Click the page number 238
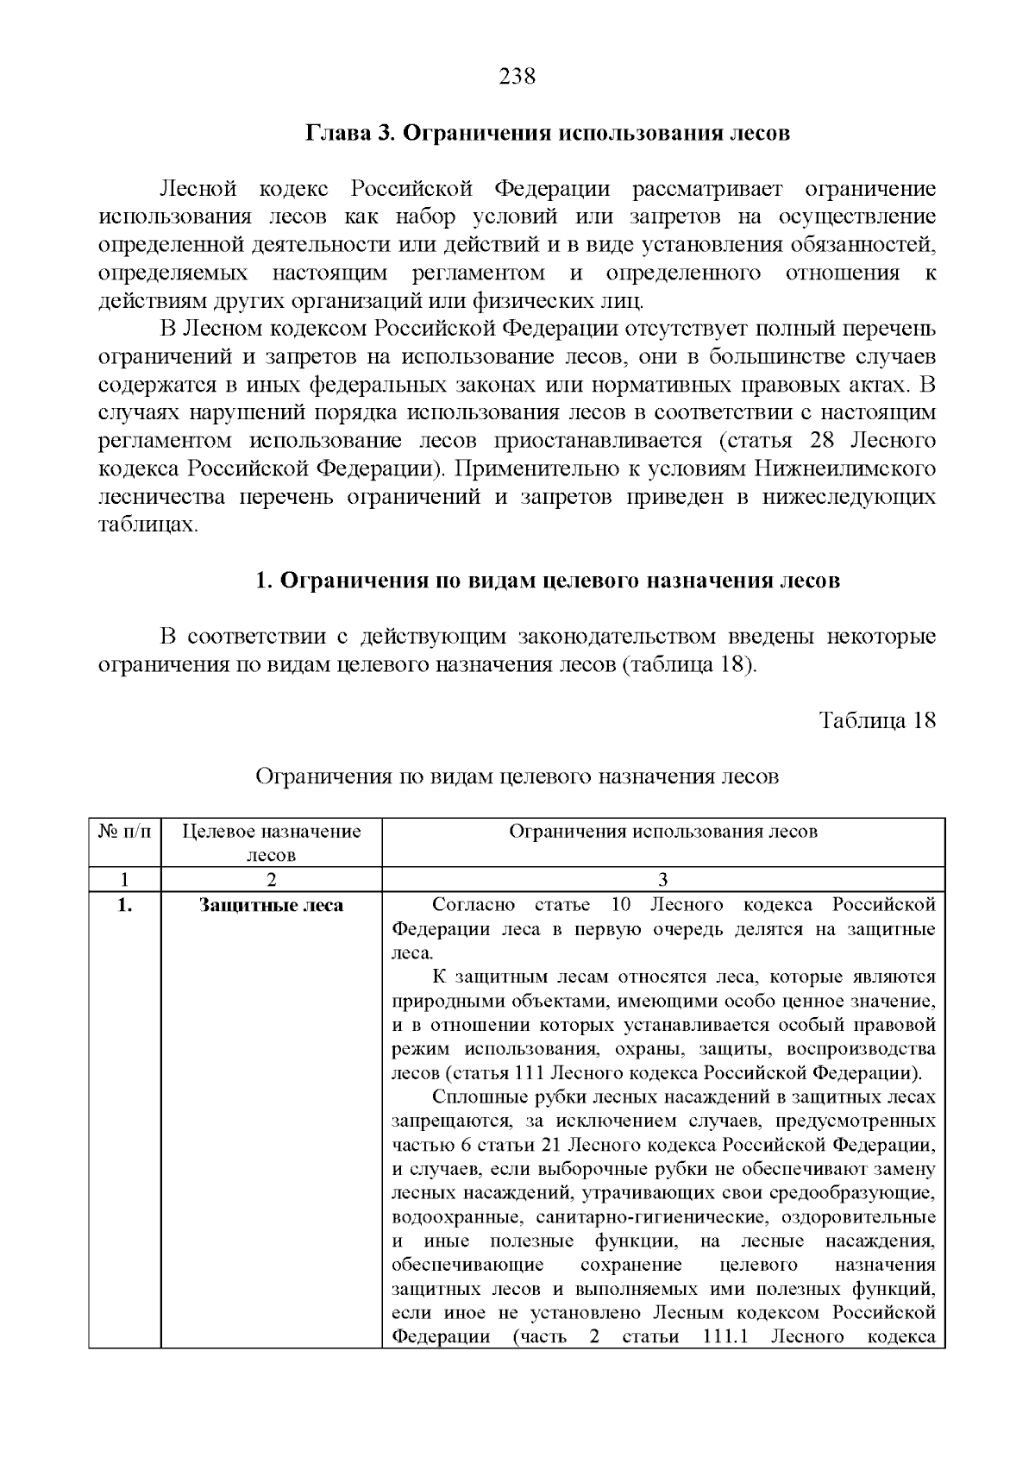click(x=517, y=77)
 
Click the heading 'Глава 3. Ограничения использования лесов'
click(x=548, y=134)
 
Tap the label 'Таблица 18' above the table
click(x=877, y=720)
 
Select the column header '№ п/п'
click(x=124, y=832)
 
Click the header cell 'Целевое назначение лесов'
click(x=271, y=843)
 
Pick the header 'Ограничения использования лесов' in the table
click(x=662, y=832)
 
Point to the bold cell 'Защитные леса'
click(x=271, y=905)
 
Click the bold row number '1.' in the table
click(x=124, y=905)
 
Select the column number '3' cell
click(x=662, y=880)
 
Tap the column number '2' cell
click(x=271, y=880)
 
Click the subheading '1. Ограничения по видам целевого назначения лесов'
click(x=548, y=581)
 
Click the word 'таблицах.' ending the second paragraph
click(x=148, y=525)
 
